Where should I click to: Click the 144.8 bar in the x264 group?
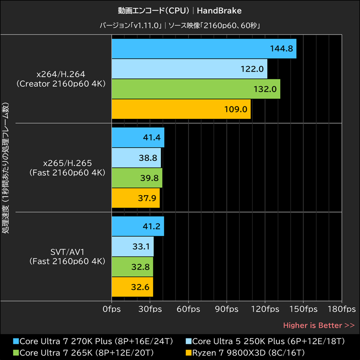203,49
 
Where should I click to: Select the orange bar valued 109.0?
181,109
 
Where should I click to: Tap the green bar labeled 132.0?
196,89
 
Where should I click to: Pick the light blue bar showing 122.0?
189,69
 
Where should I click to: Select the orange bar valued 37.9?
135,198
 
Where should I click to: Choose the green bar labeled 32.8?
132,267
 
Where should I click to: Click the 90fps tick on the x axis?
227,310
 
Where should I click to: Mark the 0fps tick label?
111,310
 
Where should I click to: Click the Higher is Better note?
319,325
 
